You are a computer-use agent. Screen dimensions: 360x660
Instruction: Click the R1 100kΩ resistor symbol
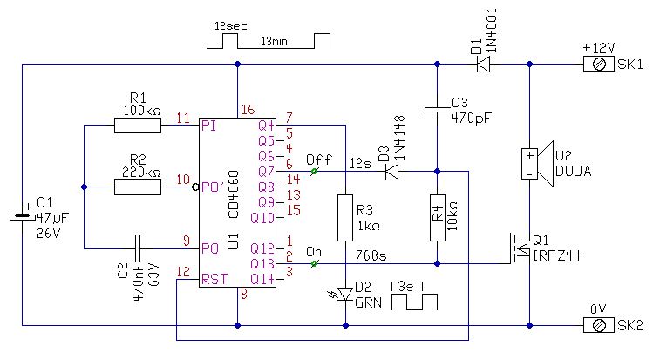(137, 126)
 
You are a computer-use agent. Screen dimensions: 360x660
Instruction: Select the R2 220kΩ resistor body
(137, 187)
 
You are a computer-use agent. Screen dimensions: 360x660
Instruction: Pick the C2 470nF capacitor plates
(138, 248)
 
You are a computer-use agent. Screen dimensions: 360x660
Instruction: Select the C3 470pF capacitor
(437, 109)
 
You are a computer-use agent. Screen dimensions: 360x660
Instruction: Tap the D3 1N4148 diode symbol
(392, 171)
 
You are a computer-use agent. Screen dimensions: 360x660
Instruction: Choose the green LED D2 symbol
(345, 293)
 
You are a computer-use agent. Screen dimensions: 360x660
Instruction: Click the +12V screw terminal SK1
(598, 64)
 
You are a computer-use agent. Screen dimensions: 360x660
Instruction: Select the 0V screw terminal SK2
(598, 325)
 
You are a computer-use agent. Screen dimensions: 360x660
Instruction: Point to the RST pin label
(213, 279)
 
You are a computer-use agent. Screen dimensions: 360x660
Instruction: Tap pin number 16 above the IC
(247, 110)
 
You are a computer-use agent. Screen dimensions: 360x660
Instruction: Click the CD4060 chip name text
(232, 187)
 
